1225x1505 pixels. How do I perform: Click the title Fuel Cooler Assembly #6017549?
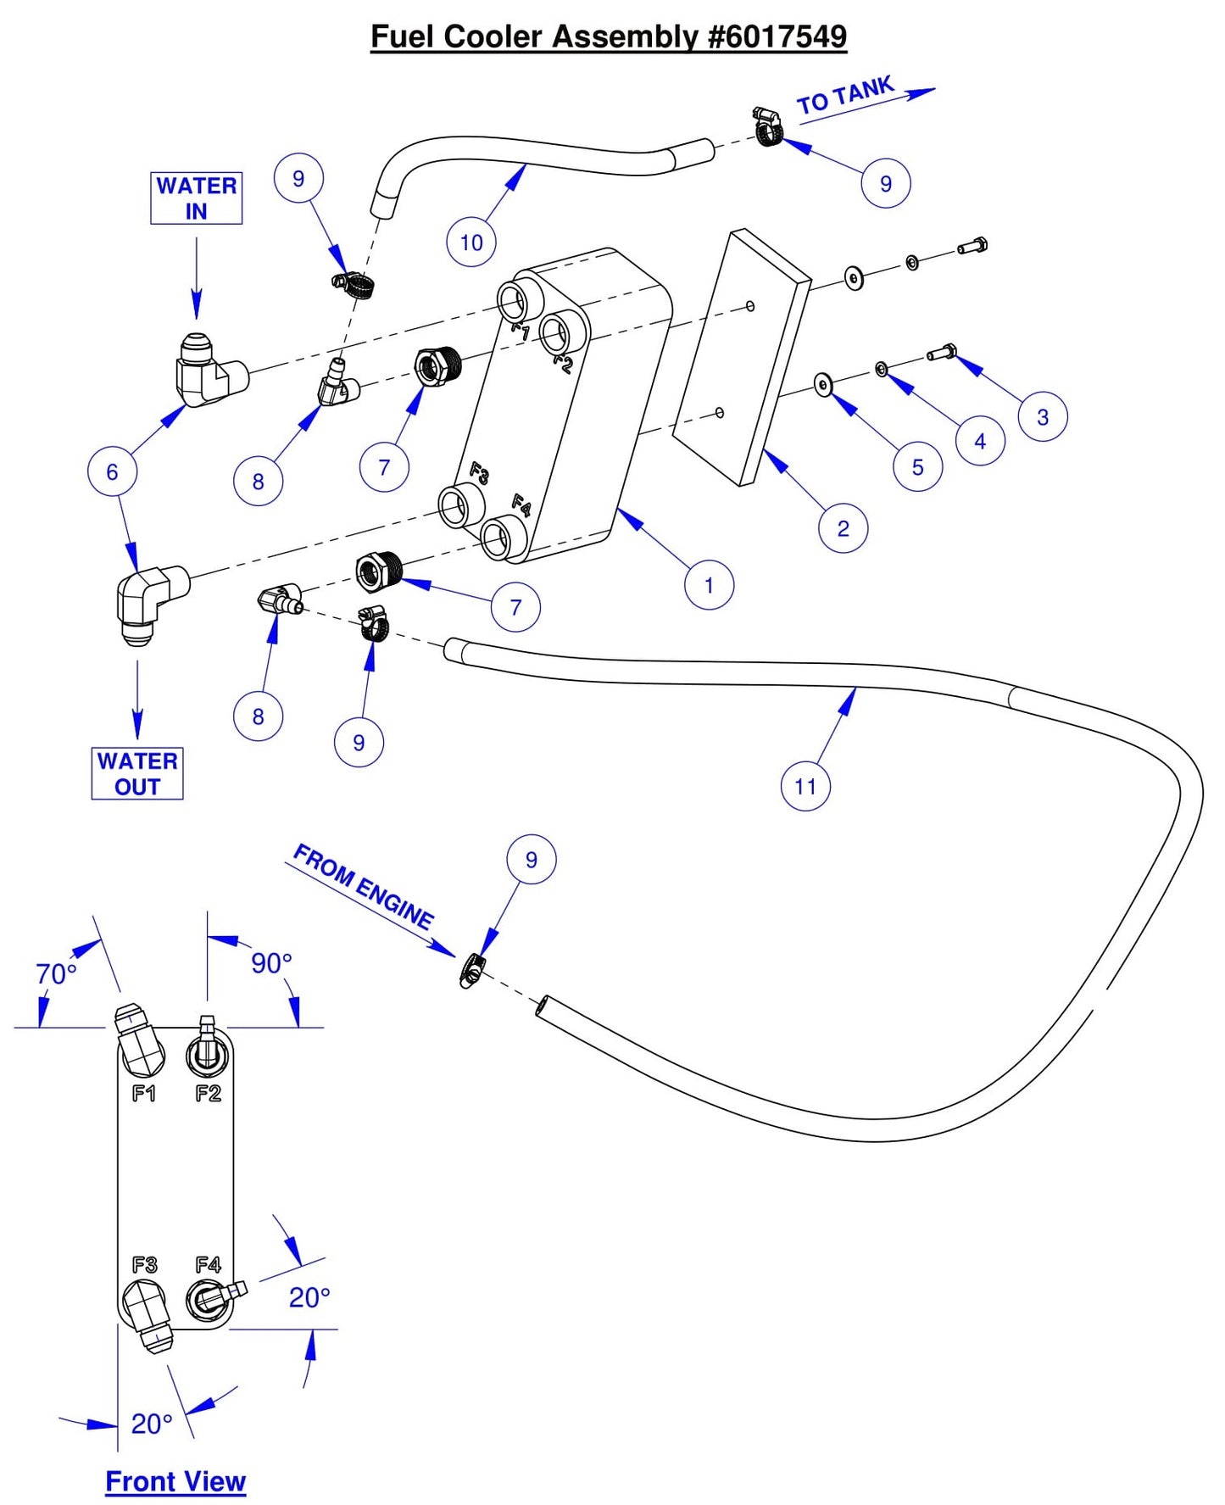coord(609,36)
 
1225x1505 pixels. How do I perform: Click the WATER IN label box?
coord(196,198)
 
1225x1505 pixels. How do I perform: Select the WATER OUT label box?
coord(137,773)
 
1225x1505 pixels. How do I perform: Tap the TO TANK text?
coord(845,95)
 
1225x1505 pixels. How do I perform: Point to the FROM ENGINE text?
coord(363,886)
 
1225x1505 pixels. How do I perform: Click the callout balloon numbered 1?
coord(709,585)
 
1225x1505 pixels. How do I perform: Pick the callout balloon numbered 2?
coord(843,528)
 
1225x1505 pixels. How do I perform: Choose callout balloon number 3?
coord(1043,416)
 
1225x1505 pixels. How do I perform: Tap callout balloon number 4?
coord(980,441)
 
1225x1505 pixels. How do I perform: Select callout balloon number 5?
coord(917,466)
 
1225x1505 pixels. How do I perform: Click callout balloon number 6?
coord(112,471)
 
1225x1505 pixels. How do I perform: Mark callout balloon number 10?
coord(471,242)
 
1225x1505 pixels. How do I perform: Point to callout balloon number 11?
coord(805,786)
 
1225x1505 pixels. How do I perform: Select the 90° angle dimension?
coord(271,963)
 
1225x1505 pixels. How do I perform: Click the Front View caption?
coord(175,1480)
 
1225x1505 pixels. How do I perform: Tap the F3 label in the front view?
coord(144,1265)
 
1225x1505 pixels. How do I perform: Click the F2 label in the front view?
coord(208,1094)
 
